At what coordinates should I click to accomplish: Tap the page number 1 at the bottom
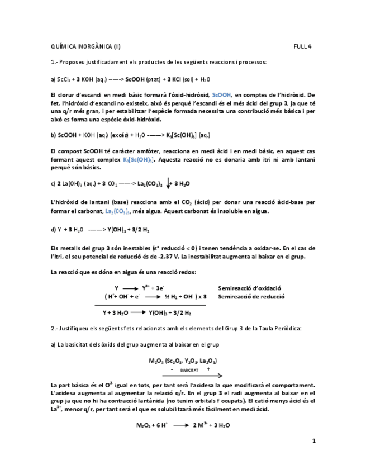click(314, 441)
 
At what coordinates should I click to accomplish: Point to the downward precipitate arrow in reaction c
click(169, 183)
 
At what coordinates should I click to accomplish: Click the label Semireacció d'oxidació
click(249, 287)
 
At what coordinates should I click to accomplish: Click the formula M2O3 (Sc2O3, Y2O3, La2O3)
click(183, 361)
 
